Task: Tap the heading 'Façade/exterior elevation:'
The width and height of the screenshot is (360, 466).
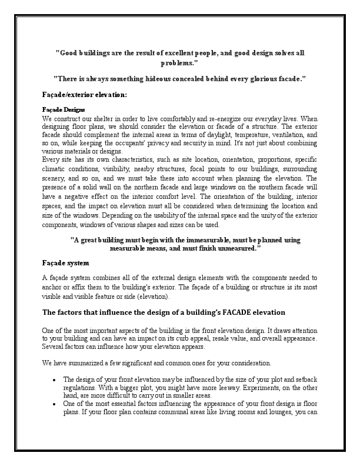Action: click(x=84, y=94)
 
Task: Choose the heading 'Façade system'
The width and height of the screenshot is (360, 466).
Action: click(x=66, y=262)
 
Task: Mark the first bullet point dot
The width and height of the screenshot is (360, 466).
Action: click(x=54, y=380)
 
